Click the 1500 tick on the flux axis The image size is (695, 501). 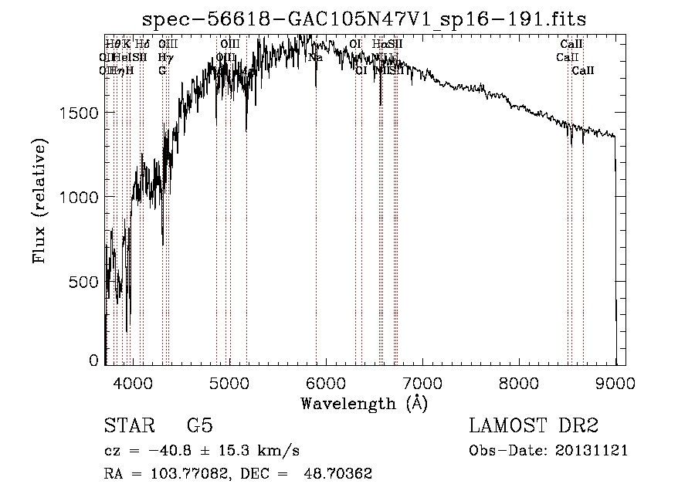click(x=79, y=113)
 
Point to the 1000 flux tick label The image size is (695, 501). click(x=79, y=197)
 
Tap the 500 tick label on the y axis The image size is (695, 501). click(x=84, y=282)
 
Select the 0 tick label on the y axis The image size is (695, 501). click(x=95, y=361)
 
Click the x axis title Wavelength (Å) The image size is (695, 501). click(x=364, y=403)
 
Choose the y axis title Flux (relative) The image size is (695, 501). click(x=39, y=200)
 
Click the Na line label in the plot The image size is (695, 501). click(x=315, y=58)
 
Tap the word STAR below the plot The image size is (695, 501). click(x=127, y=425)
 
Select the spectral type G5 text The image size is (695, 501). click(x=199, y=425)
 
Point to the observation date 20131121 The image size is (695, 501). click(x=593, y=451)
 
